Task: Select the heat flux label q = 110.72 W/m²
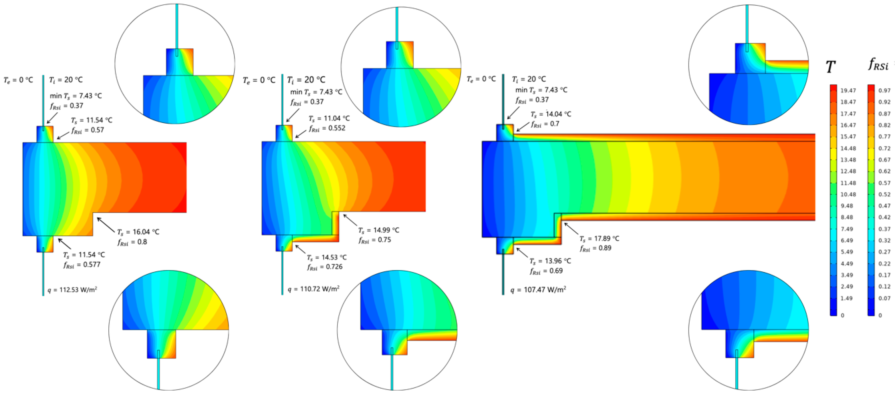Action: click(x=313, y=289)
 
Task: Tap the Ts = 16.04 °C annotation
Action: click(x=138, y=232)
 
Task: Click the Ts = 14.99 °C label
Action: click(x=379, y=230)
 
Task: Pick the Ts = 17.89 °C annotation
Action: click(x=599, y=238)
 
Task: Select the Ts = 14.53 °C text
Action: click(x=327, y=257)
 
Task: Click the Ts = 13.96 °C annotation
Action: click(x=550, y=261)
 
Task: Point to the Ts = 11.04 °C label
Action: click(x=329, y=118)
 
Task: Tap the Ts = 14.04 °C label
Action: click(x=551, y=114)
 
